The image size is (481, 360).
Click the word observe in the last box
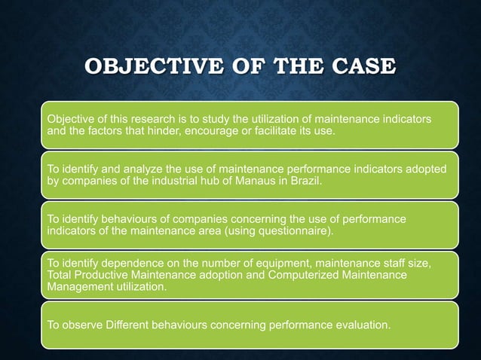[x=81, y=325]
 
